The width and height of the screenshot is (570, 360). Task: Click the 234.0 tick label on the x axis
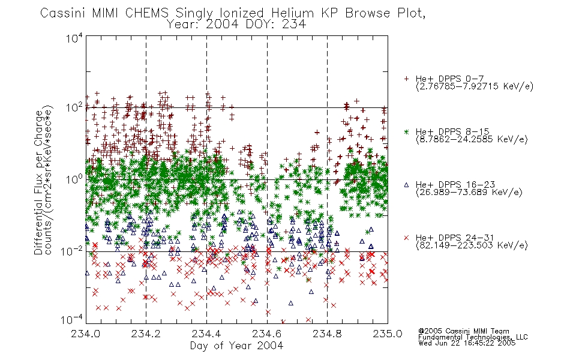(85, 334)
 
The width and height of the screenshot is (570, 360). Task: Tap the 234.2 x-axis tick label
(146, 334)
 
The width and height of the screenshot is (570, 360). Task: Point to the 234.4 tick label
(206, 334)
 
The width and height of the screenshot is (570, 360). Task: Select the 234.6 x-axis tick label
(266, 334)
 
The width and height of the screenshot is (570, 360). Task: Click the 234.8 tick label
(327, 334)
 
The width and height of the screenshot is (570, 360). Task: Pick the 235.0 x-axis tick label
(388, 334)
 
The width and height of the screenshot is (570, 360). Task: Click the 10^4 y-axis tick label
(74, 38)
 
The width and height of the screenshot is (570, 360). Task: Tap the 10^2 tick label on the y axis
(74, 108)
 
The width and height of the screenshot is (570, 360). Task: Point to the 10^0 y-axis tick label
(74, 179)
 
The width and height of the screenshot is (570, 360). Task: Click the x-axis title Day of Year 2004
(236, 346)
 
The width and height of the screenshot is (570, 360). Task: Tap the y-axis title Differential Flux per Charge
(38, 182)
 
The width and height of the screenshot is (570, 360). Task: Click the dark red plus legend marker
(406, 79)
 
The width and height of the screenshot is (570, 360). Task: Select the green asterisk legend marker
(406, 131)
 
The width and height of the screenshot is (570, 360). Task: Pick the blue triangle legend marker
(406, 185)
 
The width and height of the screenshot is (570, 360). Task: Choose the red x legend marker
(406, 238)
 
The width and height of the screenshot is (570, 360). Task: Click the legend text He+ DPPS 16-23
(455, 185)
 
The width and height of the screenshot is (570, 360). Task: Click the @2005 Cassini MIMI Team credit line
(463, 331)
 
